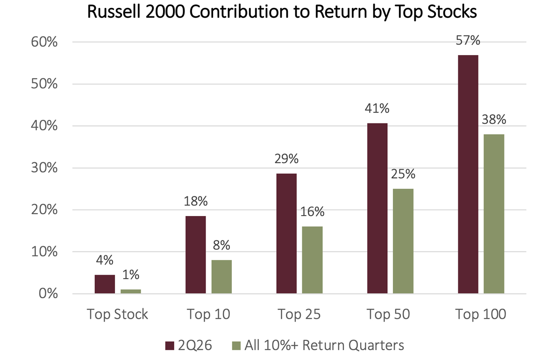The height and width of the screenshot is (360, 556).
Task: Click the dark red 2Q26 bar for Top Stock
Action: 105,284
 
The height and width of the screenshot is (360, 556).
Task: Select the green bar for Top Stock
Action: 131,292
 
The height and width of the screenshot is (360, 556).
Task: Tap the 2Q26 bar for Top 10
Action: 195,255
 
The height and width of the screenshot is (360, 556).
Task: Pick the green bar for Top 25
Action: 313,260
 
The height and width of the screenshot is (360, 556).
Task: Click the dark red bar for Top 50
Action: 378,209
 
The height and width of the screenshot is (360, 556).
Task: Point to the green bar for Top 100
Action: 494,214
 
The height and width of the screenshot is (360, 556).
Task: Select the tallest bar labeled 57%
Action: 468,174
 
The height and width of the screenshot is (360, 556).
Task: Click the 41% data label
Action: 377,108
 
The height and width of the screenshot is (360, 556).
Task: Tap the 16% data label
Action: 313,212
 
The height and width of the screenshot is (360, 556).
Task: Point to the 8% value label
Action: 221,245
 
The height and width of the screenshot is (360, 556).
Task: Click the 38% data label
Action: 494,120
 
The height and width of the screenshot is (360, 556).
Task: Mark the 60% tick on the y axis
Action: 44,42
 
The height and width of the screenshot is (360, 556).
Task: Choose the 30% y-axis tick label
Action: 44,168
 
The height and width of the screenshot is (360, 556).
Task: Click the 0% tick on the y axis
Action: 48,294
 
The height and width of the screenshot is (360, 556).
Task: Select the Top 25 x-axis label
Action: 299,314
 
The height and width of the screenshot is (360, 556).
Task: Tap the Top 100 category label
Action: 481,314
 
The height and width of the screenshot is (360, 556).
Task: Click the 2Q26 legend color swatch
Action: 170,346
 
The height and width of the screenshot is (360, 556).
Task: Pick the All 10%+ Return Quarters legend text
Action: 324,345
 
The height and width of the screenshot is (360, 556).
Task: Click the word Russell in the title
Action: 113,12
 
